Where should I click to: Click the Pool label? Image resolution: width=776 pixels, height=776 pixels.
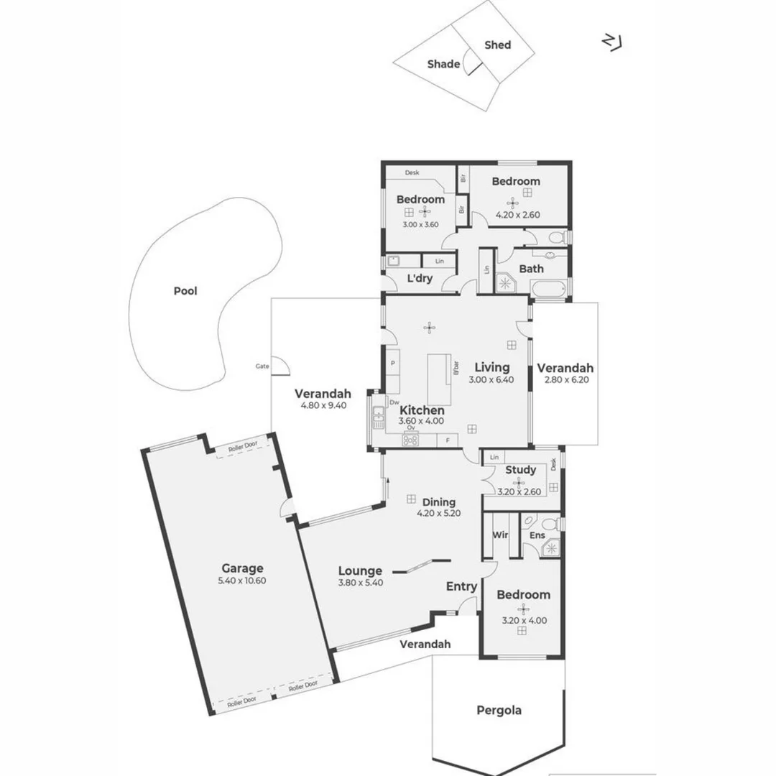185,291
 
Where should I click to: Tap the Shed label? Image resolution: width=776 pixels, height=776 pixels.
497,45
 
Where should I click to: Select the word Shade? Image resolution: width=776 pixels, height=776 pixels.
443,64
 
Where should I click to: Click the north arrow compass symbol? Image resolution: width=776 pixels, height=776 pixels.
611,42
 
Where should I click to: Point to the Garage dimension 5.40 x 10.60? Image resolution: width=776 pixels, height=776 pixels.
242,581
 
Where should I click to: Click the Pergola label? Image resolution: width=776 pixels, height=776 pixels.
499,711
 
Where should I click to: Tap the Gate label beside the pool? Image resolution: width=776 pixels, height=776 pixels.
262,366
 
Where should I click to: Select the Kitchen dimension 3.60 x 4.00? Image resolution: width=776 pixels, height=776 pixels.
421,422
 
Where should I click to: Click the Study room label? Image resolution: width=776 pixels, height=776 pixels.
520,470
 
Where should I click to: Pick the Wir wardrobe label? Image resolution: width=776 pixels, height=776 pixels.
500,535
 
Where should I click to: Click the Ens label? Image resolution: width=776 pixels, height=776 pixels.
537,535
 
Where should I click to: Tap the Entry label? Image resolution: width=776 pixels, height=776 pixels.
461,586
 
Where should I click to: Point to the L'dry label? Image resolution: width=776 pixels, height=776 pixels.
420,278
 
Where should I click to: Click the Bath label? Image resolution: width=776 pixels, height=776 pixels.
531,269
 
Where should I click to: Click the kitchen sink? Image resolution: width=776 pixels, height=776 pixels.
378,413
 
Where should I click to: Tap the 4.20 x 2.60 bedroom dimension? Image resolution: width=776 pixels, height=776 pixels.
517,214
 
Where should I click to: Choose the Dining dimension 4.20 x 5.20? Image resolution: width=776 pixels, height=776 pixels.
438,514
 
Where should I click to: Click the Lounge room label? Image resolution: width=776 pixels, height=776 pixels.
360,571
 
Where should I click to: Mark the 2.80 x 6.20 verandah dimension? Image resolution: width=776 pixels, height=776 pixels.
565,380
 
